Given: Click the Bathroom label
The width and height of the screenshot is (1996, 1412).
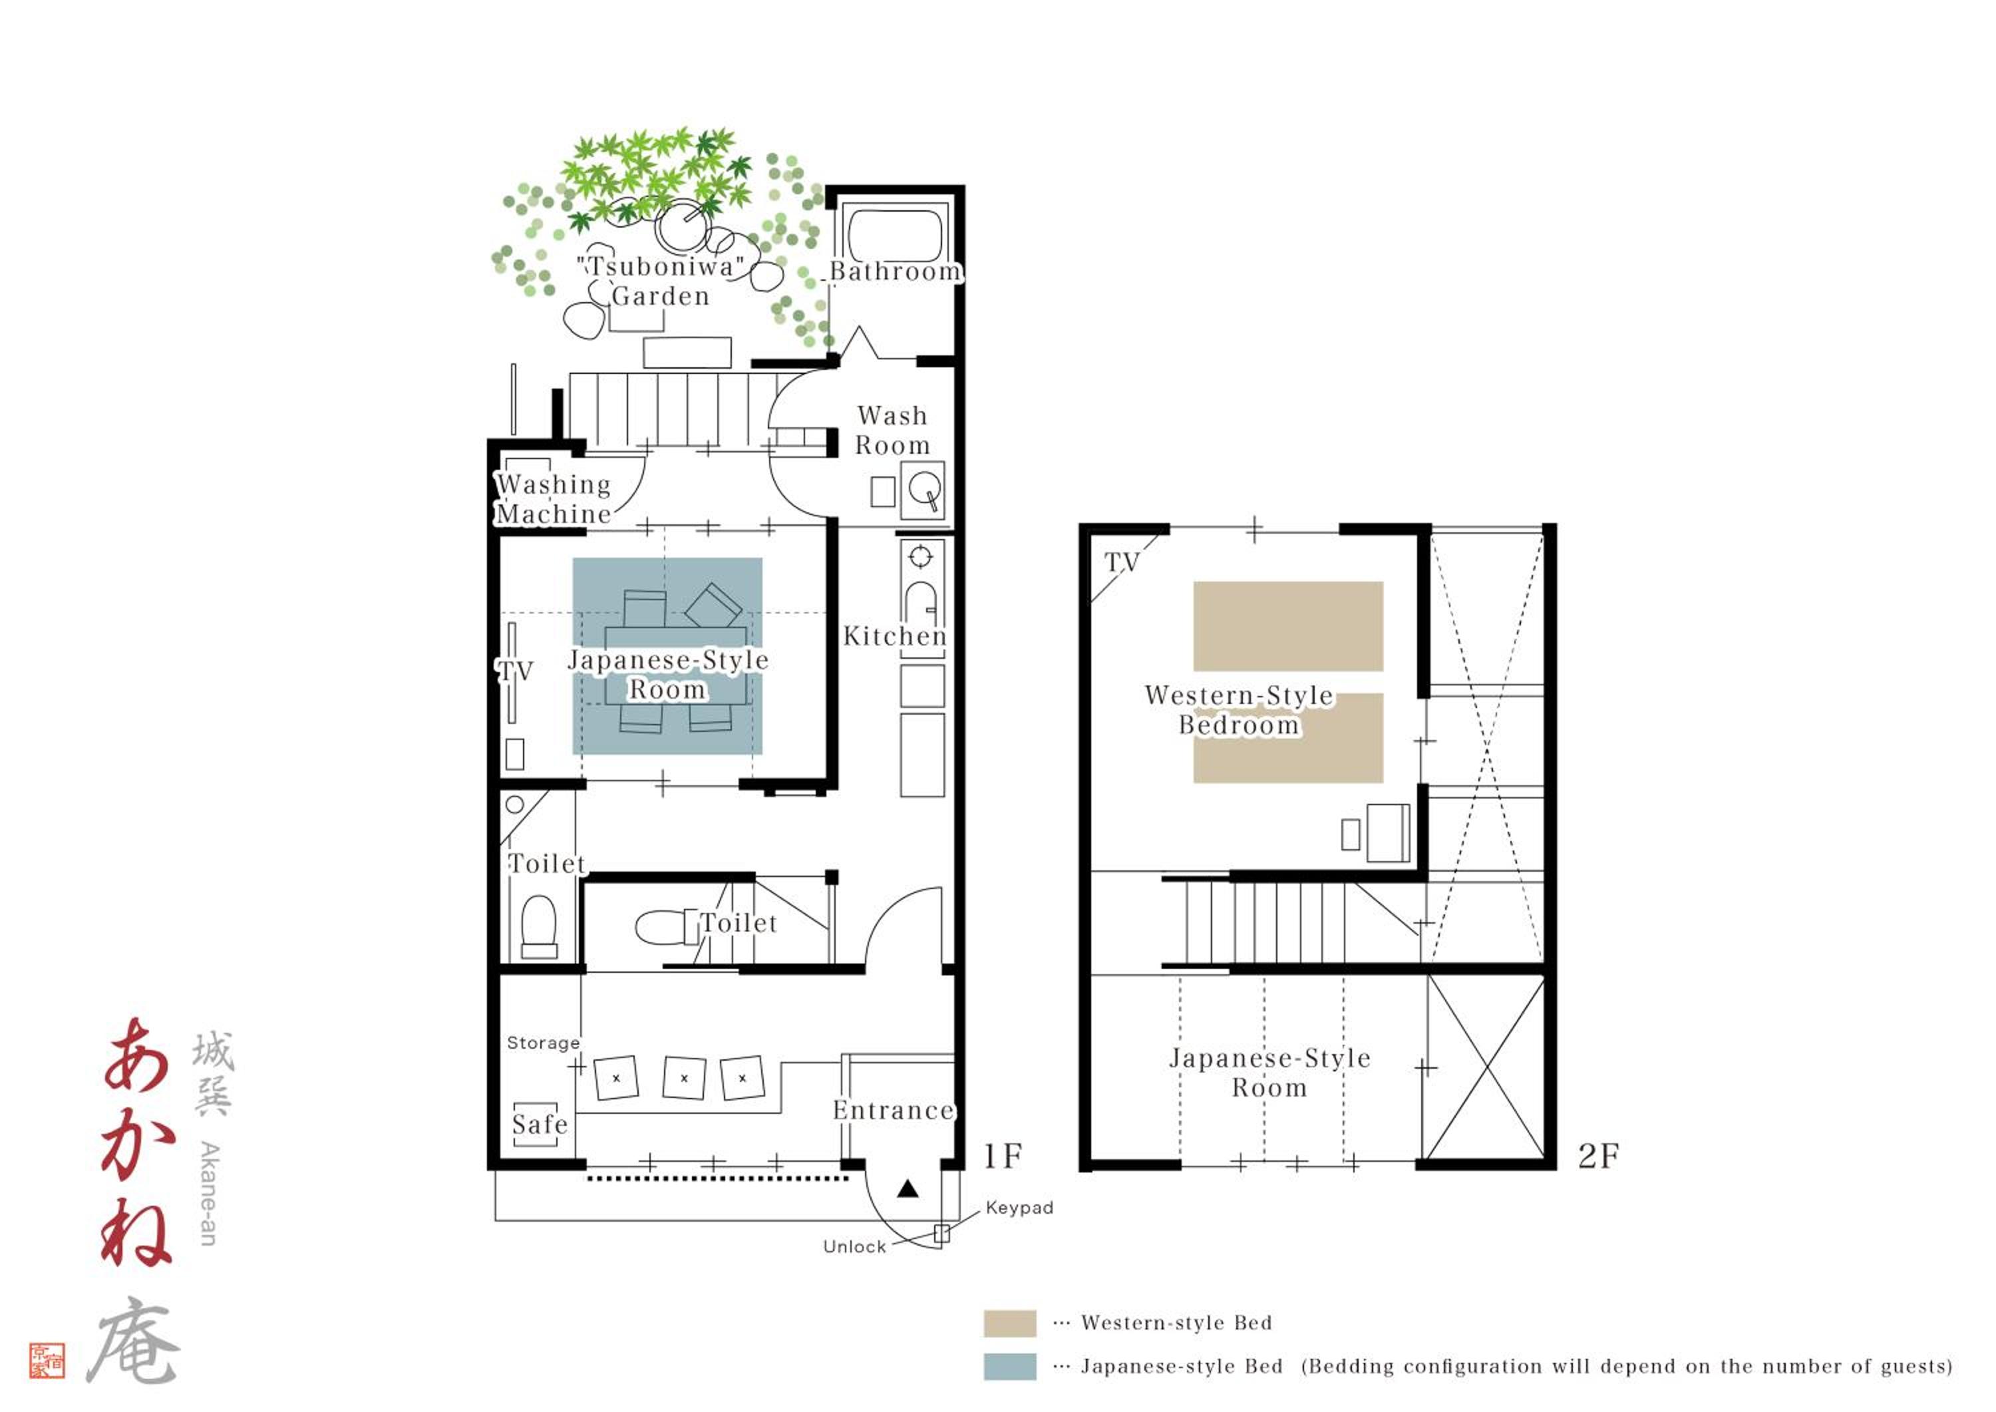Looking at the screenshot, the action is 896,271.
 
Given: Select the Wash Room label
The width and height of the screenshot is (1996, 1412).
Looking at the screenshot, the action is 892,431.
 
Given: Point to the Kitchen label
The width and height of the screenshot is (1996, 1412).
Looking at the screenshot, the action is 895,636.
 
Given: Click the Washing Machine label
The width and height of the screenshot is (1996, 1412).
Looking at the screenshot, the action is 554,499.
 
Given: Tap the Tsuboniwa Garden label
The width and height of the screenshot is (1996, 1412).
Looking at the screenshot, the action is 661,281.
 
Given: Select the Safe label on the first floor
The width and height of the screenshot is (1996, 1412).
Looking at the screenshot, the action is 539,1124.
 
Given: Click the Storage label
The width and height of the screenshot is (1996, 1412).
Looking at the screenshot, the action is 544,1043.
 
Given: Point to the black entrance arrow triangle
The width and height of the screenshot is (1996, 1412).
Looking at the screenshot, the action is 908,1188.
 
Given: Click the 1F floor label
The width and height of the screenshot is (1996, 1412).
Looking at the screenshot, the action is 1003,1156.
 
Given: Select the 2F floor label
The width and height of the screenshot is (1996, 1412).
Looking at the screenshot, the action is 1598,1156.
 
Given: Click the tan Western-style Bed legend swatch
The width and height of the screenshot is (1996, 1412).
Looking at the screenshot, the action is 1010,1324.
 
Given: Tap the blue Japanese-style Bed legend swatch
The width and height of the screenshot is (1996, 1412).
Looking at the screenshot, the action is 1010,1367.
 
